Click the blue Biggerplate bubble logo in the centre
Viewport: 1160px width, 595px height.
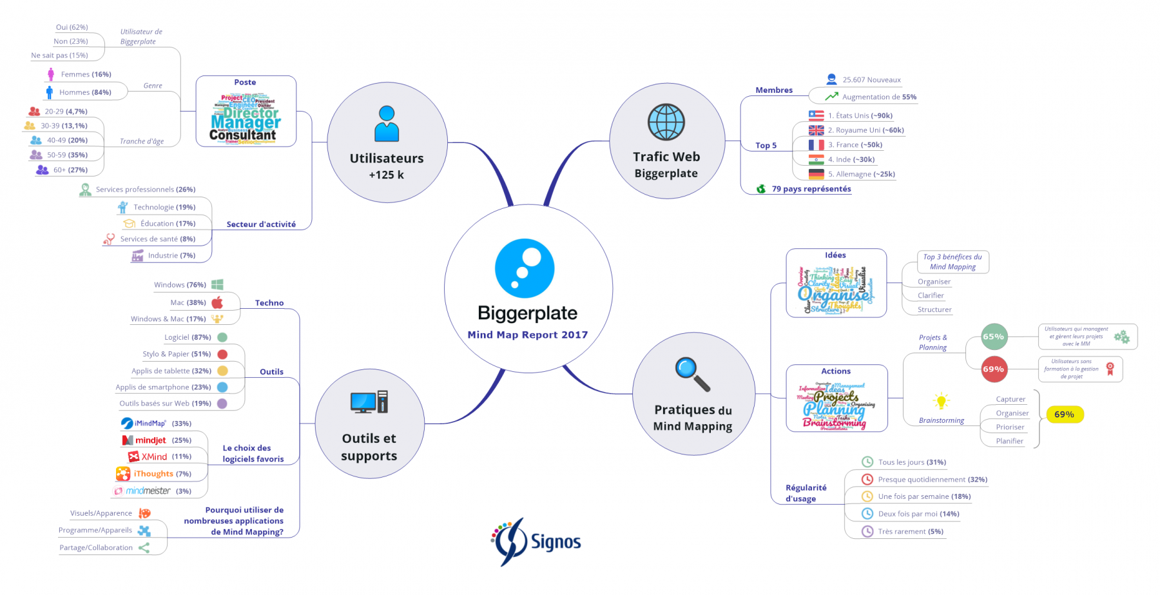525,268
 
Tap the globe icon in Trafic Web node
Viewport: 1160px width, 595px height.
666,122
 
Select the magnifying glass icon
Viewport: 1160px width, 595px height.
692,374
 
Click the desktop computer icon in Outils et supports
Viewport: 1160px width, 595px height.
369,402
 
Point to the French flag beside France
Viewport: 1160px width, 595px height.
816,145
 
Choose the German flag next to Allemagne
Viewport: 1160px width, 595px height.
816,174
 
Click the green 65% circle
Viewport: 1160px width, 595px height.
993,337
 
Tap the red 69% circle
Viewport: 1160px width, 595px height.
993,369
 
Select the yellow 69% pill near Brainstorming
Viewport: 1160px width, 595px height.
1064,415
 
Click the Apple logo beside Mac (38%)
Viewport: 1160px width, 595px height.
217,302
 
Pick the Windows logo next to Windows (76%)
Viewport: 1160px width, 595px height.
217,284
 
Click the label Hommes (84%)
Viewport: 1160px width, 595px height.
85,92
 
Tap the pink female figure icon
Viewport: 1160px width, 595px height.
51,74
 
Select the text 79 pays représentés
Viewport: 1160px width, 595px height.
811,189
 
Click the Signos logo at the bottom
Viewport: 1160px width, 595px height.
536,542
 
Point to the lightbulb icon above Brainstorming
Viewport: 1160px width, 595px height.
941,401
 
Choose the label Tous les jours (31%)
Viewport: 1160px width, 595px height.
911,462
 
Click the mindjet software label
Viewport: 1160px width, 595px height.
150,440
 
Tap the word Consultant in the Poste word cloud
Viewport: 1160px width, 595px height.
242,135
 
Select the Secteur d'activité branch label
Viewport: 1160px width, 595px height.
261,224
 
